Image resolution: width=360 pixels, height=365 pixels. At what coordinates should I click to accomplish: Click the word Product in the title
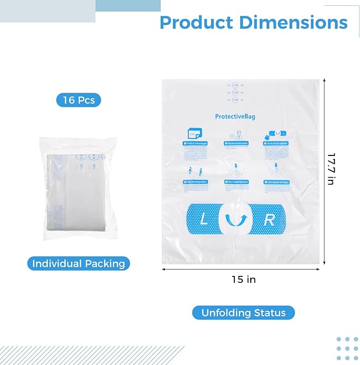(x=196, y=22)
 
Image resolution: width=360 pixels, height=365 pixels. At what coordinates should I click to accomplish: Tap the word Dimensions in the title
(x=293, y=22)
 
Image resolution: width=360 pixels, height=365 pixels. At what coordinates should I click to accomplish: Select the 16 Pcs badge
(x=78, y=100)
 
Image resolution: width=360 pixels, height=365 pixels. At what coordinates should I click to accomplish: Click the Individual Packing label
(x=78, y=264)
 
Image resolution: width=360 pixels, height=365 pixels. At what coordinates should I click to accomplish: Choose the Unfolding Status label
(x=243, y=312)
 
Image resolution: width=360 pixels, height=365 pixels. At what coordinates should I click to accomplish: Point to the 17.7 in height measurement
(x=331, y=169)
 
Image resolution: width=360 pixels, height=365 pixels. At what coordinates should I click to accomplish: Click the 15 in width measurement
(x=243, y=280)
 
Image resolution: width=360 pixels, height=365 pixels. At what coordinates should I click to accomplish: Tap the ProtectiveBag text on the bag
(x=236, y=117)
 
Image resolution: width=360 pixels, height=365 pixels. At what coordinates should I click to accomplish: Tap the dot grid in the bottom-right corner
(x=347, y=348)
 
